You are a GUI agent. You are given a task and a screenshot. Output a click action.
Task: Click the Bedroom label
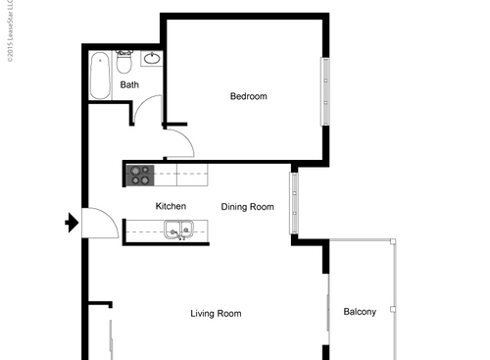click(x=248, y=96)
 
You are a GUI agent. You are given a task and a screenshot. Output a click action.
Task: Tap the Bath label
click(x=129, y=85)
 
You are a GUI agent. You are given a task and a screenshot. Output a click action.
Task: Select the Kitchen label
click(x=171, y=206)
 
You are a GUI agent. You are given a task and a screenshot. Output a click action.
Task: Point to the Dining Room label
click(x=247, y=206)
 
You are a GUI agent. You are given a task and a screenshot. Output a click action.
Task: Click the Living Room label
click(x=216, y=314)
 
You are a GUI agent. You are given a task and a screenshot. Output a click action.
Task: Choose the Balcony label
click(x=360, y=312)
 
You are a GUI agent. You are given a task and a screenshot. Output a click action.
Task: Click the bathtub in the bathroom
click(x=100, y=77)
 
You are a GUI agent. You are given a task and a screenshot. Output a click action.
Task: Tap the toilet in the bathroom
click(x=124, y=64)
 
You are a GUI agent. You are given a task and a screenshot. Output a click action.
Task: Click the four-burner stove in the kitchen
click(x=139, y=175)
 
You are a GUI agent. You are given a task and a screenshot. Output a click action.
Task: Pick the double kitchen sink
click(x=178, y=231)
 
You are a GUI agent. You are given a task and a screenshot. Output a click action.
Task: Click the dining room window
click(x=292, y=203)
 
